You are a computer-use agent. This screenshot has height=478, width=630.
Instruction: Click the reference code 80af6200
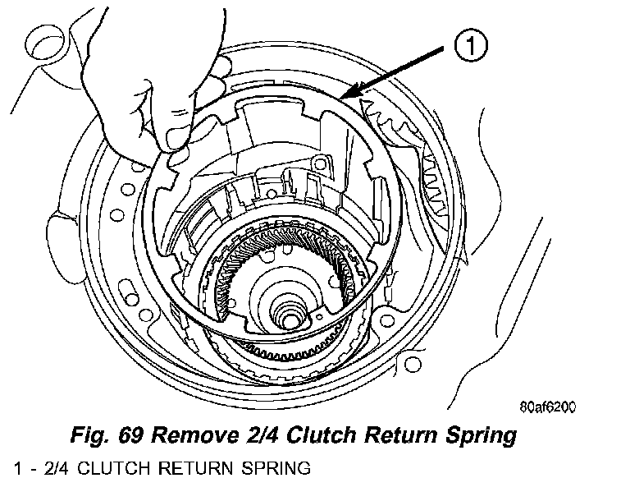549,407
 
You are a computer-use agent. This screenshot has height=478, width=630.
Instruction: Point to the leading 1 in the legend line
7,468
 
